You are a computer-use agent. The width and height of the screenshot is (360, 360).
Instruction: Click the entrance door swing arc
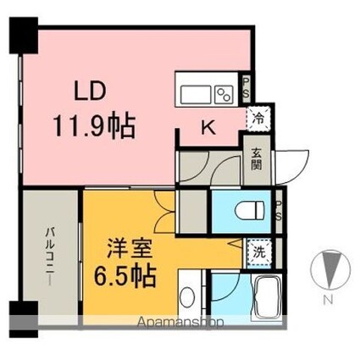coord(291,161)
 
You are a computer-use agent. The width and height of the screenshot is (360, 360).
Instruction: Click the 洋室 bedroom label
coord(128,252)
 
